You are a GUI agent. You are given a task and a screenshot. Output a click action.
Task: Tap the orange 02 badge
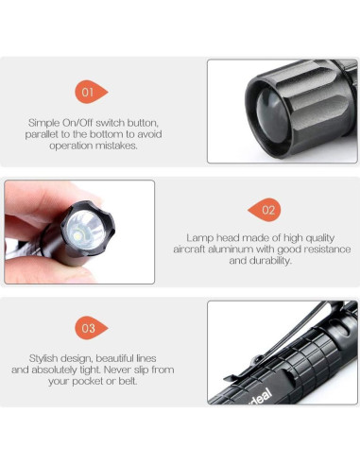pos(266,210)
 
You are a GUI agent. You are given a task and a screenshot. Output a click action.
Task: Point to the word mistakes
pos(119,146)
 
